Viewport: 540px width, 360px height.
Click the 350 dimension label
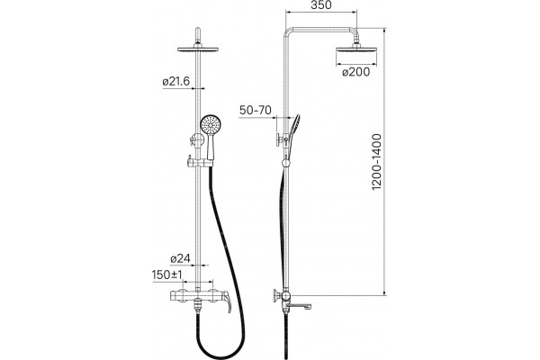point(321,5)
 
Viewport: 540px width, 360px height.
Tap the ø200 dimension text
point(356,72)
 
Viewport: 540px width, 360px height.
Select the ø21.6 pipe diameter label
point(176,82)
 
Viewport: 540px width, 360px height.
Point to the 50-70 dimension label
point(256,110)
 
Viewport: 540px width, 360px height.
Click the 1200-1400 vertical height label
point(377,162)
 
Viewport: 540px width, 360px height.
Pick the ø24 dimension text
point(181,258)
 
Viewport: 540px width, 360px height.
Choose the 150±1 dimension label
point(167,274)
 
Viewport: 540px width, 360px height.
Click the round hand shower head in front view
point(209,124)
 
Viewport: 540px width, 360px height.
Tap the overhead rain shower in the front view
point(198,49)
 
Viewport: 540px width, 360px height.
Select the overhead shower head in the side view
point(356,49)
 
